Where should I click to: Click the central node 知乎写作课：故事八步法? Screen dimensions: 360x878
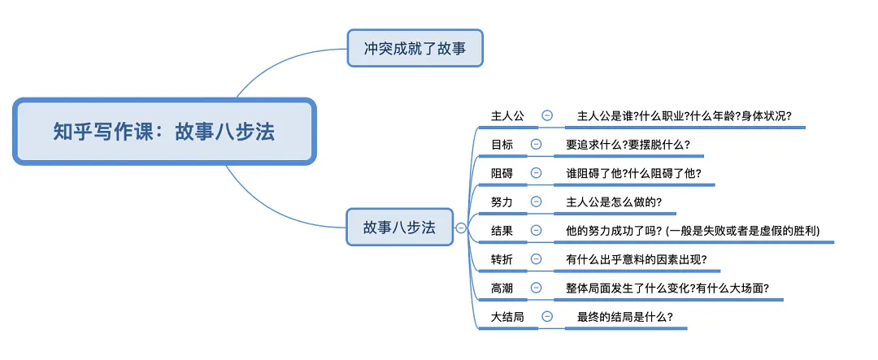163,132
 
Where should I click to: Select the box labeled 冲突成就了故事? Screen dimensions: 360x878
415,49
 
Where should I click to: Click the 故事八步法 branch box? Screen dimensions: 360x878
398,228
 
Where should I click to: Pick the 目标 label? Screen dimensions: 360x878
502,145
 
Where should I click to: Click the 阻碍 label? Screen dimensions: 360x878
502,173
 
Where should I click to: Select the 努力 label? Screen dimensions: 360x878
502,202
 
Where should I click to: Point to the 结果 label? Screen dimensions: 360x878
502,231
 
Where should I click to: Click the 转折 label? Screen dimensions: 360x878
502,259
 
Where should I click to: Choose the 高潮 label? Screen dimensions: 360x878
502,288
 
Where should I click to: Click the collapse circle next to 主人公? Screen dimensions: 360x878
547,115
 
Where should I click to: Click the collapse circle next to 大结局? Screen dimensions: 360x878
547,317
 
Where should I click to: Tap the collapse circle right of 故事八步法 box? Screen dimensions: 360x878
461,228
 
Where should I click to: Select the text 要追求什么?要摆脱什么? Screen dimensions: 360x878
628,145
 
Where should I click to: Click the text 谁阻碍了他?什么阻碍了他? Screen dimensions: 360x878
633,173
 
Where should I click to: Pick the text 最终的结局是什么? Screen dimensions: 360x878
624,317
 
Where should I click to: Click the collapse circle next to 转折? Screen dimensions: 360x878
536,259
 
